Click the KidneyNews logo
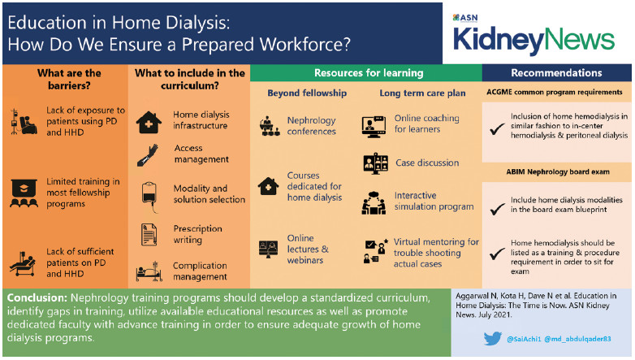(533, 38)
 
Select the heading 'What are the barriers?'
(69, 80)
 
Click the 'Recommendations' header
(556, 73)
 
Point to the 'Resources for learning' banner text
(365, 73)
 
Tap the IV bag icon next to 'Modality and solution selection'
(149, 193)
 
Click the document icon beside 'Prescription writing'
(149, 234)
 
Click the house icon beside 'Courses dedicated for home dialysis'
(269, 186)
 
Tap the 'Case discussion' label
(427, 163)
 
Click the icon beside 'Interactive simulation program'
(374, 202)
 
